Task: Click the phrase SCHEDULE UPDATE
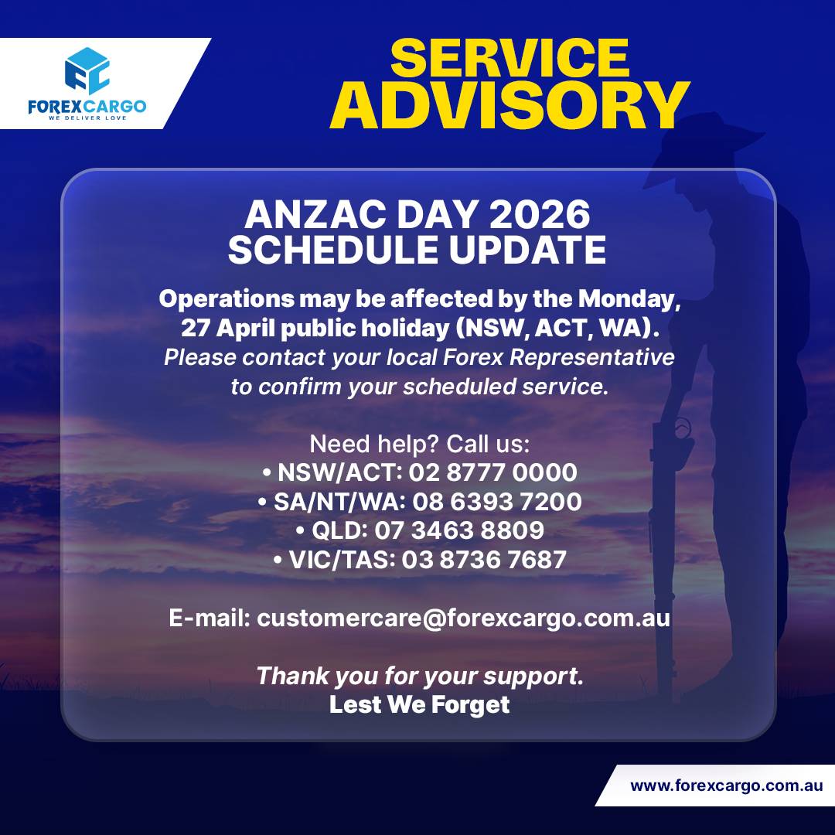tap(417, 250)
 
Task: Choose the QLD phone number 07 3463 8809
tap(459, 530)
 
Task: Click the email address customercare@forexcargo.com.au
tap(463, 619)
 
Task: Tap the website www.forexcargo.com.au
tap(726, 786)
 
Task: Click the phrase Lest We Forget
tap(419, 704)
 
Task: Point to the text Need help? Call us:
tap(419, 444)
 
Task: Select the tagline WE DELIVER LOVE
tap(87, 118)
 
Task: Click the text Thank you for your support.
tap(419, 676)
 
